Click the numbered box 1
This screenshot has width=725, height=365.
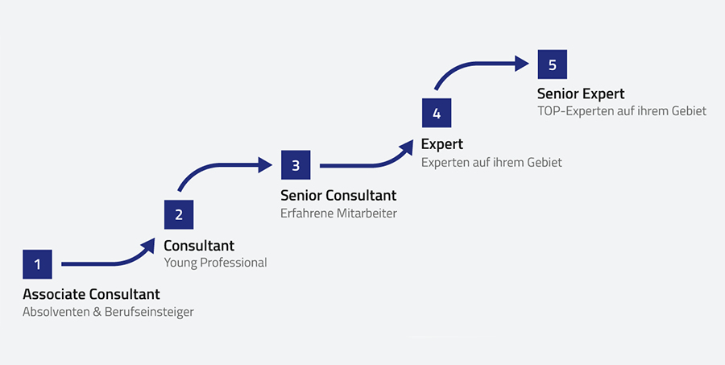coord(37,263)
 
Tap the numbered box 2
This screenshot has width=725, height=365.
coord(179,214)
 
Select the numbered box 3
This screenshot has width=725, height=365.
coord(296,165)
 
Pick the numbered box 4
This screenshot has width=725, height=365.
coord(437,113)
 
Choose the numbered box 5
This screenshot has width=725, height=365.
coord(552,64)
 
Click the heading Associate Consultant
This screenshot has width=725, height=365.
coord(91,294)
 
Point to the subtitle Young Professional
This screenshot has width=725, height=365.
coord(215,263)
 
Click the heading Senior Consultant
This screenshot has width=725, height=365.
coord(338,196)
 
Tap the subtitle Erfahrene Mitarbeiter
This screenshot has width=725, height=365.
coord(338,214)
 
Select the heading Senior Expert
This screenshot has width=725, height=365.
coord(581,94)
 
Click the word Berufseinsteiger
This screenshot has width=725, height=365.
coord(149,312)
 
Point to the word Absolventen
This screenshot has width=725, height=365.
coord(56,312)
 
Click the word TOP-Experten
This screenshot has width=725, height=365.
coord(575,111)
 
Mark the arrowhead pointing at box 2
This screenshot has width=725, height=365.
coord(148,245)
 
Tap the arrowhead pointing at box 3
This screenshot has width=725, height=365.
coord(265,165)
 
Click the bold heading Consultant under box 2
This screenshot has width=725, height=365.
coord(199,246)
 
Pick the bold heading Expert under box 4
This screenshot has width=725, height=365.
coord(442,144)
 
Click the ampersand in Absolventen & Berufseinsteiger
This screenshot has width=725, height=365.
coord(97,312)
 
